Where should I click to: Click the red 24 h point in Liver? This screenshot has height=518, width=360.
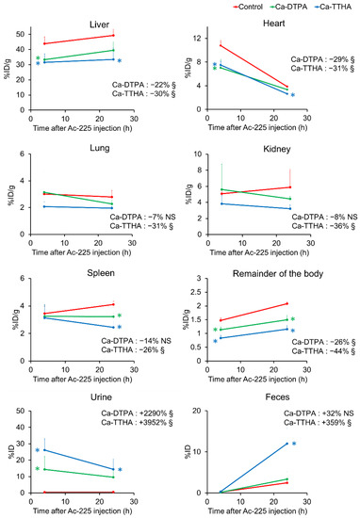[x=113, y=36]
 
